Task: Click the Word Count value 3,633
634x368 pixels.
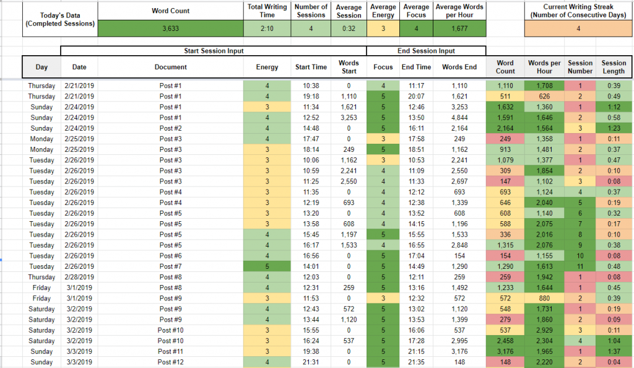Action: pyautogui.click(x=170, y=28)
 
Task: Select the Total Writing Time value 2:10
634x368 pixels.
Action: pyautogui.click(x=267, y=28)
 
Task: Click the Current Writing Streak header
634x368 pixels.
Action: pyautogui.click(x=578, y=11)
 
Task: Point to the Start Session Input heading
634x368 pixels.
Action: pyautogui.click(x=214, y=51)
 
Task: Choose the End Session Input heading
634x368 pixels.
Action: pyautogui.click(x=425, y=51)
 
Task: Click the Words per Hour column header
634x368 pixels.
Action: pyautogui.click(x=544, y=67)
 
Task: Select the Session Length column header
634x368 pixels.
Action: pyautogui.click(x=614, y=67)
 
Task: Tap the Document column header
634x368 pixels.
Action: pyautogui.click(x=170, y=67)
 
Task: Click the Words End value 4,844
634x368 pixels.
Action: pyautogui.click(x=459, y=118)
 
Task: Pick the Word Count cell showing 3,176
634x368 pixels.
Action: pyautogui.click(x=505, y=351)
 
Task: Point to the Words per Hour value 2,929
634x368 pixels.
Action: pyautogui.click(x=544, y=330)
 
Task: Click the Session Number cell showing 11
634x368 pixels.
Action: pyautogui.click(x=580, y=266)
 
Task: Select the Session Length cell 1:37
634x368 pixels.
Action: pyautogui.click(x=614, y=351)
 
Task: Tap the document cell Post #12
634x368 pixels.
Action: pyautogui.click(x=170, y=362)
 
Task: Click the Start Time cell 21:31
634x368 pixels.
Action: pyautogui.click(x=311, y=362)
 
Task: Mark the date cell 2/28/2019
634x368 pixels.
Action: pyautogui.click(x=79, y=277)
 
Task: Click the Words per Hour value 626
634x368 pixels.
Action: pyautogui.click(x=544, y=97)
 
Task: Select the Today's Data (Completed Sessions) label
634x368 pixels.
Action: pyautogui.click(x=59, y=19)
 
